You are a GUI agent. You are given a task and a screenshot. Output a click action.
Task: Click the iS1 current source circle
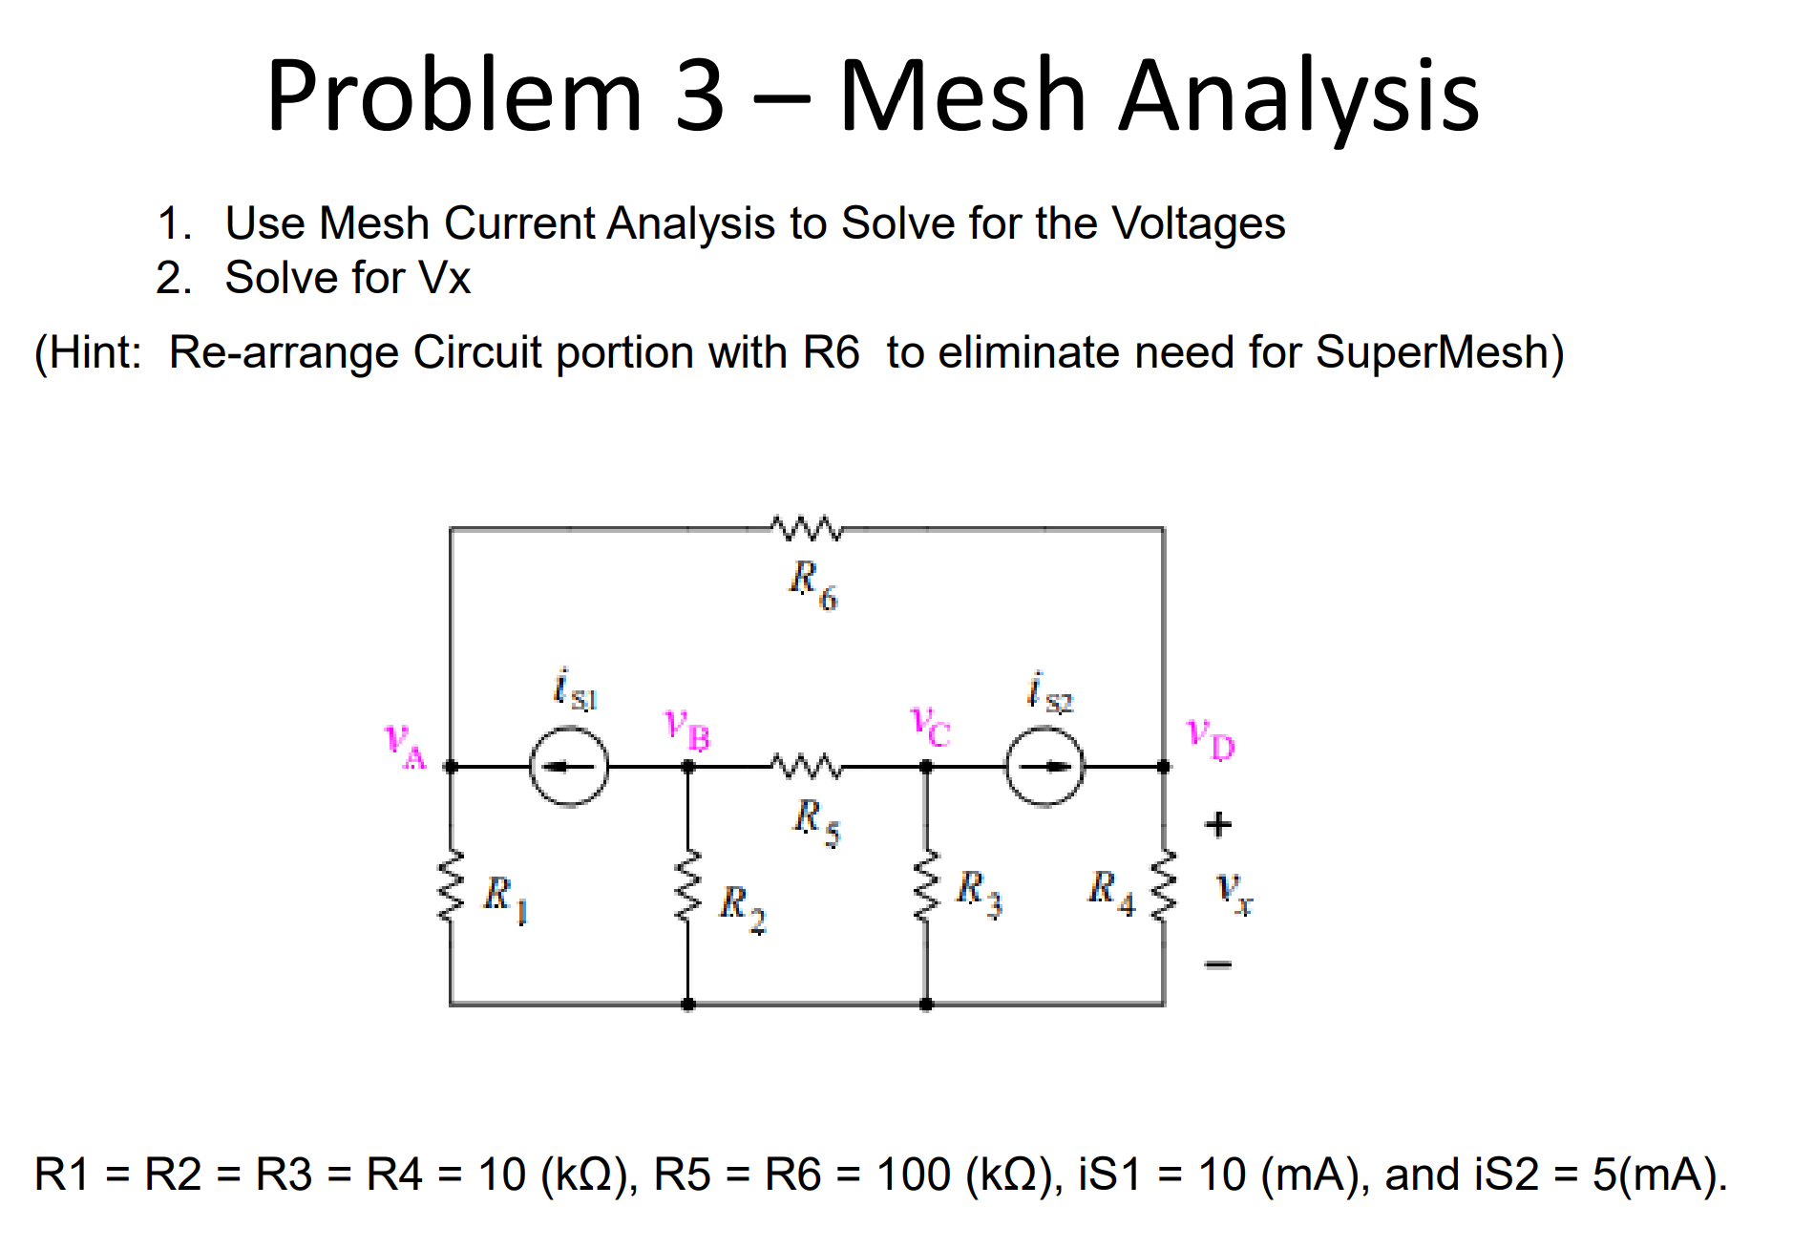point(569,767)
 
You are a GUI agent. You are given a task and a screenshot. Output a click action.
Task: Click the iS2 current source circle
point(1045,767)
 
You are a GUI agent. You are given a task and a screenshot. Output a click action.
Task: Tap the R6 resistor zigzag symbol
point(807,528)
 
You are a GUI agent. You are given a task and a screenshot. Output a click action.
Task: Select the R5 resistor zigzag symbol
point(807,766)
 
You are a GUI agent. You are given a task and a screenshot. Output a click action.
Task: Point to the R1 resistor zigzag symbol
point(451,885)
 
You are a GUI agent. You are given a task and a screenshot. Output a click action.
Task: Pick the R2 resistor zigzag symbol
point(687,885)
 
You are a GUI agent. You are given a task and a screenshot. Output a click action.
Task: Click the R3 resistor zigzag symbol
point(925,885)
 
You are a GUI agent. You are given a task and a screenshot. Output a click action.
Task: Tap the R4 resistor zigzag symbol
point(1163,885)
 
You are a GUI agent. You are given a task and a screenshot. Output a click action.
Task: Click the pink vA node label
point(405,746)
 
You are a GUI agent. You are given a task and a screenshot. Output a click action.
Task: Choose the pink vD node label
point(1210,739)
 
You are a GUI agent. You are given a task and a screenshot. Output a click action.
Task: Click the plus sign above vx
point(1218,824)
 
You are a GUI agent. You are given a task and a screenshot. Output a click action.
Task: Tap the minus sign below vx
point(1218,964)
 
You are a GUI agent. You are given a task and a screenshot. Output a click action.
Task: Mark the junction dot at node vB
point(687,767)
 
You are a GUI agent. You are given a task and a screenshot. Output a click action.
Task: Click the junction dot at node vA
point(451,767)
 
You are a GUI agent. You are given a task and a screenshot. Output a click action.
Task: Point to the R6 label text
point(812,583)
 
